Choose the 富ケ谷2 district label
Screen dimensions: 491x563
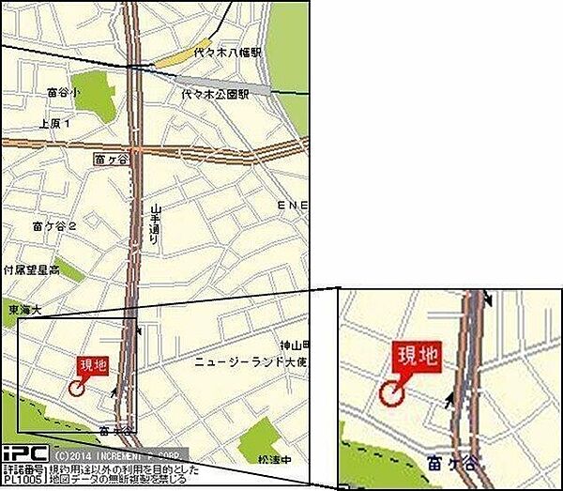click(53, 226)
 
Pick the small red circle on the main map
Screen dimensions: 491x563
click(76, 385)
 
